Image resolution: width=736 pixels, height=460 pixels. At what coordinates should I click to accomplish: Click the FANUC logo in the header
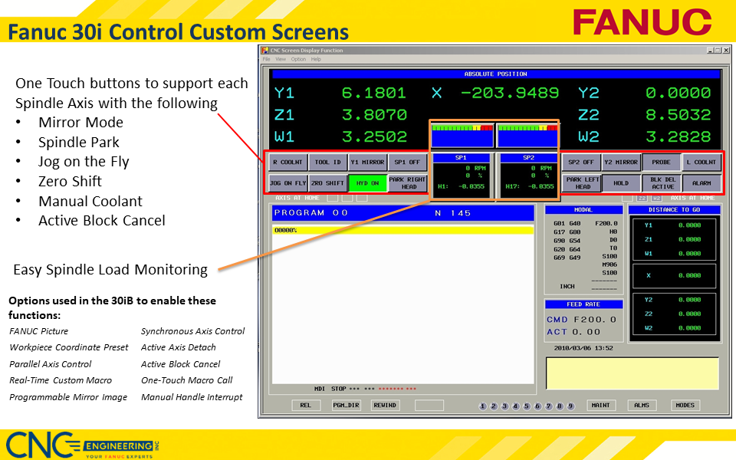click(642, 21)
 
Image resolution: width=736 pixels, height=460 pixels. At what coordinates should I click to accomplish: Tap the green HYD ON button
click(366, 183)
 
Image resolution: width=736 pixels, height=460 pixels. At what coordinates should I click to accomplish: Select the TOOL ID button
click(327, 163)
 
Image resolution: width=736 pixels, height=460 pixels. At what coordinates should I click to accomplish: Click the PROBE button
click(661, 163)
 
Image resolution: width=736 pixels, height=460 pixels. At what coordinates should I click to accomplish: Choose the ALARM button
click(701, 183)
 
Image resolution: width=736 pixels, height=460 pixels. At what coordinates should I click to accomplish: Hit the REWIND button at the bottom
click(385, 405)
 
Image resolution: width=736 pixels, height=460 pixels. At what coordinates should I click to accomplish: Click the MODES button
click(685, 405)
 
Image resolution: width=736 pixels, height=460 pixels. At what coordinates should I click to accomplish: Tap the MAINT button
click(600, 405)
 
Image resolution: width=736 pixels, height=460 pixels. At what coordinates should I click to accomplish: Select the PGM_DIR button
click(346, 405)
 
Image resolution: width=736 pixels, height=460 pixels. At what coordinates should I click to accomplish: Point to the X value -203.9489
click(511, 93)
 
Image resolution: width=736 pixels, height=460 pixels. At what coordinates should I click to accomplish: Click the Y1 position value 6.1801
click(373, 93)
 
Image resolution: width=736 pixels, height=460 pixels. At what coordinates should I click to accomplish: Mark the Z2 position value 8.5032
click(678, 115)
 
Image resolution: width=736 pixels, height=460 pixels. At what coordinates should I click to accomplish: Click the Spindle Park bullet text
click(79, 142)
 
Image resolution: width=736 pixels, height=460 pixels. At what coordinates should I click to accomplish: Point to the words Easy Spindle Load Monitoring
click(110, 269)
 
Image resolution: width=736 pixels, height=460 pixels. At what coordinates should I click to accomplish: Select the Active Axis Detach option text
click(179, 347)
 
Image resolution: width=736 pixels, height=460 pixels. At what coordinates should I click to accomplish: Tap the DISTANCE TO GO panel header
click(674, 209)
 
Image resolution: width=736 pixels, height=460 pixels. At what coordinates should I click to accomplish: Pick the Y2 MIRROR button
click(620, 163)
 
